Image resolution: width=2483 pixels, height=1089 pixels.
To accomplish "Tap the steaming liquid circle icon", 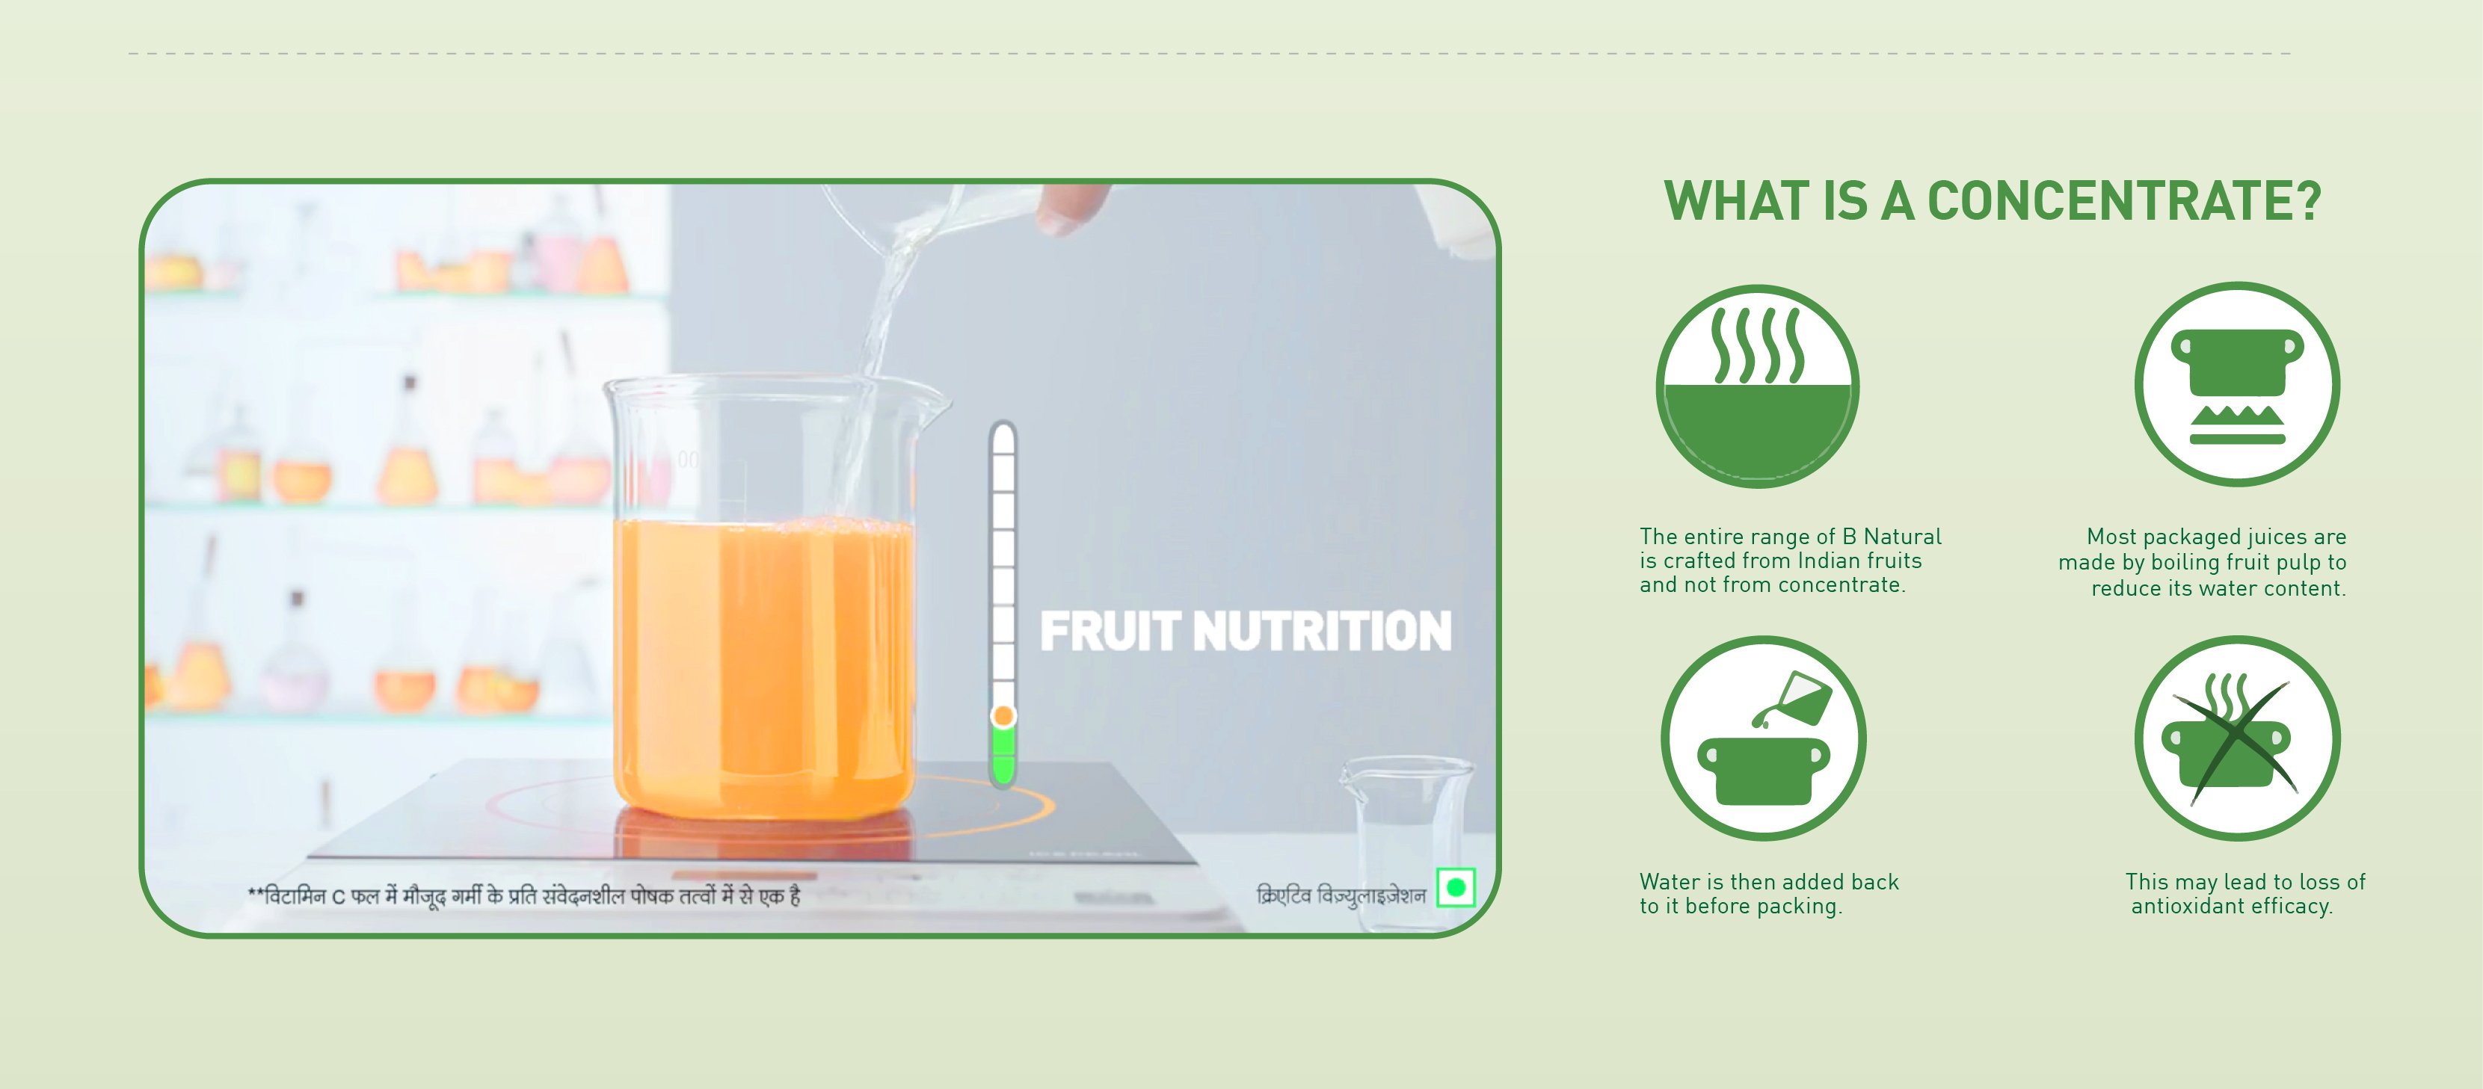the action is tap(1757, 386).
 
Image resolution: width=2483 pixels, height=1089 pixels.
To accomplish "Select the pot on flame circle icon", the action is tap(2236, 383).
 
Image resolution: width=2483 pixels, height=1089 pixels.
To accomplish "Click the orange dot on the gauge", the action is tap(1003, 715).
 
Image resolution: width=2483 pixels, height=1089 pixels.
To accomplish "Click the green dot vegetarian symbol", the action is tap(1456, 886).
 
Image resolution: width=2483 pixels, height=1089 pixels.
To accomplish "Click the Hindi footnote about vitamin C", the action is tap(524, 896).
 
